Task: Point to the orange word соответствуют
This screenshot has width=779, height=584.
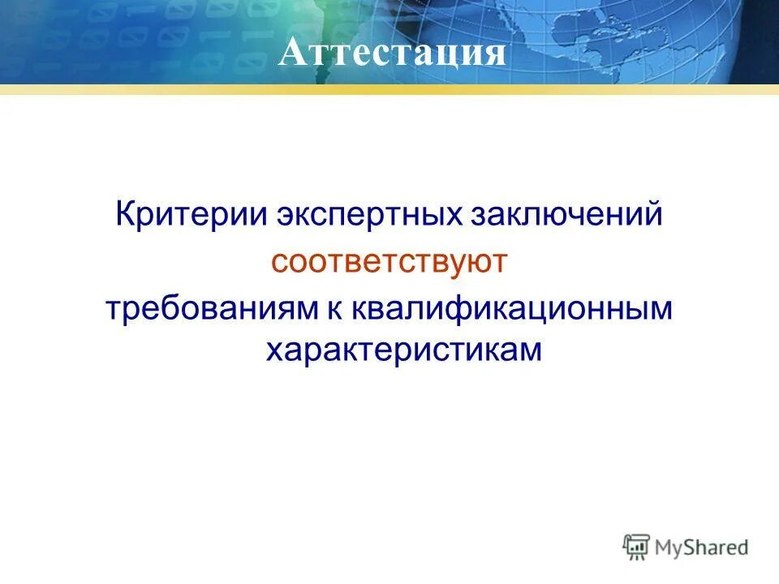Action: pos(389,262)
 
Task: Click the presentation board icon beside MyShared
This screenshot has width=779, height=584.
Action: pos(638,547)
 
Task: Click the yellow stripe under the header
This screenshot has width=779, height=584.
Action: pos(389,89)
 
